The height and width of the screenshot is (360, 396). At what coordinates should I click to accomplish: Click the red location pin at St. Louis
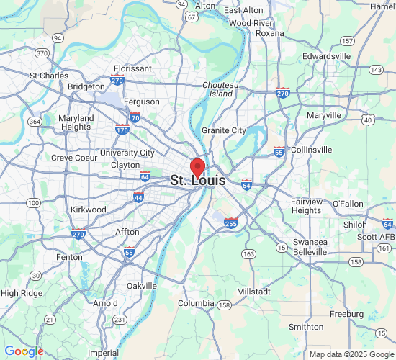198,166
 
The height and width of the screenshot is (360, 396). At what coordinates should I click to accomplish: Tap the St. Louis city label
198,181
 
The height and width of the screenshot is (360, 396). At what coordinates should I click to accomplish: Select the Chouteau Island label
217,89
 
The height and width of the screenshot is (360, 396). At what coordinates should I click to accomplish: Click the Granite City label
224,130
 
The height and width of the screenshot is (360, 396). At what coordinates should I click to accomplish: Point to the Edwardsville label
326,55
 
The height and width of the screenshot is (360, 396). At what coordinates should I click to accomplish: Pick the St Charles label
48,75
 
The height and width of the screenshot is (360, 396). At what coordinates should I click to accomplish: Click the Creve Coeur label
73,158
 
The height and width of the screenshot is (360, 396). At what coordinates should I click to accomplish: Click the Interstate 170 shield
122,130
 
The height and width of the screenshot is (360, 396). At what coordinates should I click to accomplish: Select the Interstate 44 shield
138,197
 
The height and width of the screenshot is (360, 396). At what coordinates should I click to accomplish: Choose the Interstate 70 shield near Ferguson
135,117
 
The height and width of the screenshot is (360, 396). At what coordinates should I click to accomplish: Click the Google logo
24,351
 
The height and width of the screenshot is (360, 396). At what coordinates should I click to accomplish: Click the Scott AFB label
376,237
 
